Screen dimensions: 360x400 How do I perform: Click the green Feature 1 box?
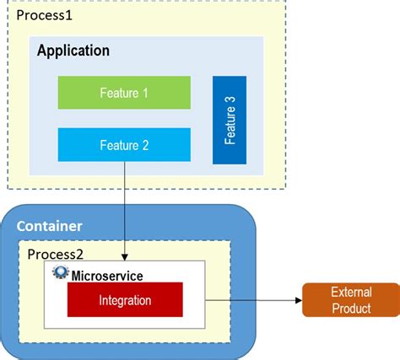pyautogui.click(x=124, y=93)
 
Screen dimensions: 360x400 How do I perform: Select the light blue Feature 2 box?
pyautogui.click(x=124, y=145)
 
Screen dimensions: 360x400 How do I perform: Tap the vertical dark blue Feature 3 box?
pyautogui.click(x=230, y=120)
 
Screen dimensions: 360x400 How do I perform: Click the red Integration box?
pyautogui.click(x=124, y=299)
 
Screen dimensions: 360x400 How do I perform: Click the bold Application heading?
pyautogui.click(x=73, y=51)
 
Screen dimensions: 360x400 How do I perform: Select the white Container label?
pyautogui.click(x=49, y=226)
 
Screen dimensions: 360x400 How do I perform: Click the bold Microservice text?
pyautogui.click(x=107, y=275)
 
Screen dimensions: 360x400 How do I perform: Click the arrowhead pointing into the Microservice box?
pyautogui.click(x=125, y=256)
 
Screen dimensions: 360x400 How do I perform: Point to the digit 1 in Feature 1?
pyautogui.click(x=145, y=93)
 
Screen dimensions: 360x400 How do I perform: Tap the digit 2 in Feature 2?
pyautogui.click(x=145, y=145)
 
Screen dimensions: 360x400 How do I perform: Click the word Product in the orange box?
pyautogui.click(x=350, y=309)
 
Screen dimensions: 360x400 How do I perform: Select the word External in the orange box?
pyautogui.click(x=351, y=293)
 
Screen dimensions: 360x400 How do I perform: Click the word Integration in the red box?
pyautogui.click(x=124, y=299)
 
